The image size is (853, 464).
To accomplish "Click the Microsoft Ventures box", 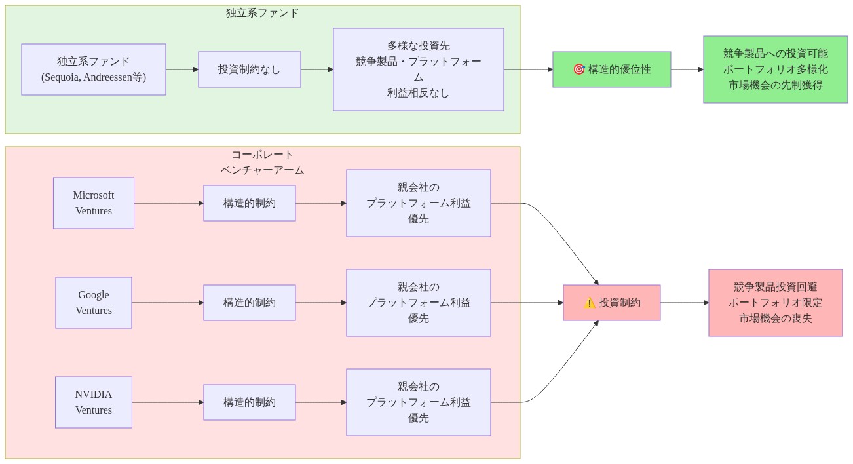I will (94, 203).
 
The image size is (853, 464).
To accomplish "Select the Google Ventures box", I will (94, 303).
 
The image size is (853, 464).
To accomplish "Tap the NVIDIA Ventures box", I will (94, 402).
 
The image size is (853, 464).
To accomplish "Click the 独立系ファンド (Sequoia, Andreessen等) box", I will (94, 69).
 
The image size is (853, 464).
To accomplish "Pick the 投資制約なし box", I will (250, 69).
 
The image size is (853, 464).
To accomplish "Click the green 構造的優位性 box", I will (612, 69).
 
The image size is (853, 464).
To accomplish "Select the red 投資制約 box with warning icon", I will (612, 303).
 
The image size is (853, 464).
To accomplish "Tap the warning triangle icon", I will (590, 303).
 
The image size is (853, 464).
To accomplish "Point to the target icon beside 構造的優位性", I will (578, 69).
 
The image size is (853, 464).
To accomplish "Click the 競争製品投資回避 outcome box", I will (776, 303).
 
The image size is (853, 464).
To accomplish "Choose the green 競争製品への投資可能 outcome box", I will (776, 69).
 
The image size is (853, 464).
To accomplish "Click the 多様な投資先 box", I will (419, 69).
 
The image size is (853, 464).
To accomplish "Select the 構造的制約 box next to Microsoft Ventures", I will (250, 203).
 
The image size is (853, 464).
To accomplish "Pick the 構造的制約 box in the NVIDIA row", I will (250, 402).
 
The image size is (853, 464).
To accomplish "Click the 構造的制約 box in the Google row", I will (250, 303).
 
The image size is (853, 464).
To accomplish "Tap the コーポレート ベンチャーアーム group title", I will (263, 163).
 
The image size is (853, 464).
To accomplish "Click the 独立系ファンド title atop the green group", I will (263, 13).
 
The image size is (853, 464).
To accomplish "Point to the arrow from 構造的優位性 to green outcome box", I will (687, 69).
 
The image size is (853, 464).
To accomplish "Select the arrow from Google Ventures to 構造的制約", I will (168, 303).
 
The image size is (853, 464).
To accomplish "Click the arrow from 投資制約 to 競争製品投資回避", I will (685, 303).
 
